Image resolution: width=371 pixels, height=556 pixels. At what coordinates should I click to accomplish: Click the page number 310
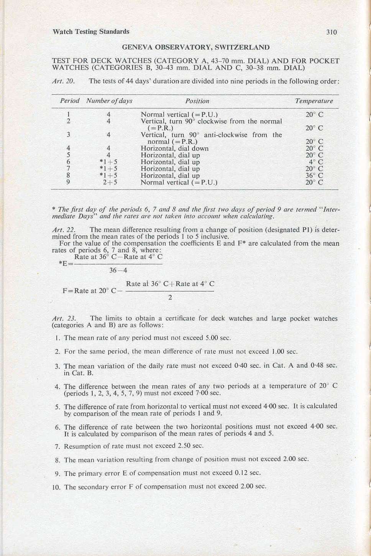tap(332, 32)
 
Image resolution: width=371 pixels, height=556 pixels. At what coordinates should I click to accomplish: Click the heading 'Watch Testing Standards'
tap(91, 31)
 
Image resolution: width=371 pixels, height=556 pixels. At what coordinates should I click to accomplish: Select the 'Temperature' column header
tap(314, 101)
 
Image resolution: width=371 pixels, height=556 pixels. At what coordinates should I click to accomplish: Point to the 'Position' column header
tap(197, 101)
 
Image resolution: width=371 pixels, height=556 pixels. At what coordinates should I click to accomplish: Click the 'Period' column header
tap(69, 101)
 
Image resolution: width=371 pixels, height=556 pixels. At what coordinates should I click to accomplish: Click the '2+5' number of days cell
tap(110, 183)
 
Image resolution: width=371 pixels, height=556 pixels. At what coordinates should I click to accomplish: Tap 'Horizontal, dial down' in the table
tap(174, 148)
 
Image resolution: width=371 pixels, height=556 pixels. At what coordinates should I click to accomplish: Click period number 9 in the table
tap(68, 183)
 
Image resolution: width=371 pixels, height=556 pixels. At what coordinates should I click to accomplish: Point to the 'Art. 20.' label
tap(62, 81)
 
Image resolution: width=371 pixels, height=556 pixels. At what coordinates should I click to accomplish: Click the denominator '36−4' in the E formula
tap(118, 270)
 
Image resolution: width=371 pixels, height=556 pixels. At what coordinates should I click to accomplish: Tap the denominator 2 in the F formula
tap(170, 298)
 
